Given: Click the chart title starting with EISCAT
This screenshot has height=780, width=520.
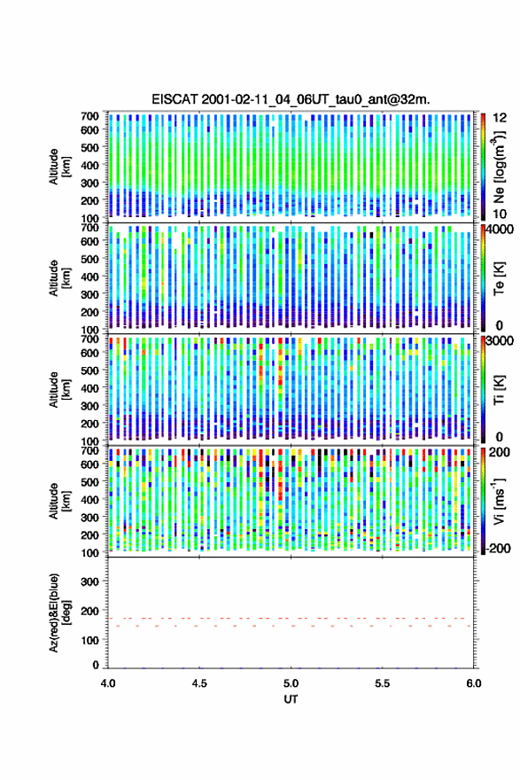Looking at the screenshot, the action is [x=291, y=99].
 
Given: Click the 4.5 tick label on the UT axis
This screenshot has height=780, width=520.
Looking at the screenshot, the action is [x=199, y=683].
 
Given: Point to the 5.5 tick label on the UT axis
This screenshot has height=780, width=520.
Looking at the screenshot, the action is [x=383, y=683].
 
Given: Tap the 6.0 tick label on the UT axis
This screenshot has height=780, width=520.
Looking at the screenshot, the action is [x=474, y=683].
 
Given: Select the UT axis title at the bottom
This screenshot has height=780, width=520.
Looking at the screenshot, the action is [x=291, y=699].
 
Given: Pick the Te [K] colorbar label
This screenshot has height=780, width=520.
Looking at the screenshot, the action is [x=499, y=278].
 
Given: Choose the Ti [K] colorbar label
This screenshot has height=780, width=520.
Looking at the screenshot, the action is [x=499, y=390].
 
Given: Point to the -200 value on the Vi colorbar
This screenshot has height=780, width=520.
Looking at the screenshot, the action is [x=498, y=548].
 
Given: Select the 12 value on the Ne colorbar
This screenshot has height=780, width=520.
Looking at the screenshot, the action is [x=500, y=118].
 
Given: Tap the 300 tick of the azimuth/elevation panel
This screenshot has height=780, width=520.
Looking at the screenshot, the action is [x=90, y=581].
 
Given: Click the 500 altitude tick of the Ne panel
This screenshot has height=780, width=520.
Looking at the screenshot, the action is [x=90, y=147].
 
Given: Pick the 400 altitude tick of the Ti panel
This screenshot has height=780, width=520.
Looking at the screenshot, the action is [x=90, y=388].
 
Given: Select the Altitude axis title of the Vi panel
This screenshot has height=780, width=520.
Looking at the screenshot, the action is [x=59, y=501].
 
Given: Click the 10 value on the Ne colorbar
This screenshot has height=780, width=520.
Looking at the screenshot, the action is [x=500, y=214].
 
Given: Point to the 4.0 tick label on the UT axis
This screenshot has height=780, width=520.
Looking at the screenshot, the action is [x=108, y=683].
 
